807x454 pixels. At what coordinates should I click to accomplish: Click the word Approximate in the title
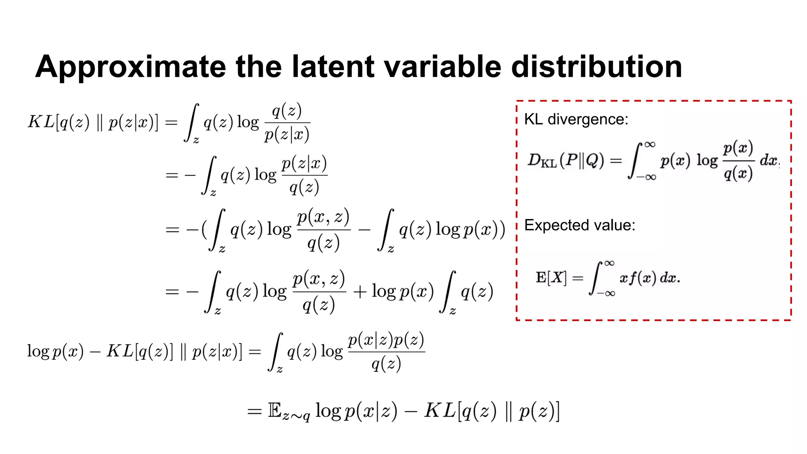(x=130, y=67)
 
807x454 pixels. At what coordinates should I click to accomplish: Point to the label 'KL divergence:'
(x=576, y=119)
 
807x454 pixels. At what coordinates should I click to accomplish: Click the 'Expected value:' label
(x=580, y=225)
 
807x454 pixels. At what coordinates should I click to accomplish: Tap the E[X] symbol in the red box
(x=551, y=278)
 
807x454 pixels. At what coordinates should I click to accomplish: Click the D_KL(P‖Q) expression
(x=566, y=160)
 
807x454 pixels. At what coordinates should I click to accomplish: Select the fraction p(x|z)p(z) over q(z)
(x=386, y=352)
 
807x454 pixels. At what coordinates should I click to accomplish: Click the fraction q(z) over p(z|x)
(x=287, y=123)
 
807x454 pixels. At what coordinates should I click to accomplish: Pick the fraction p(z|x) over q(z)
(x=304, y=175)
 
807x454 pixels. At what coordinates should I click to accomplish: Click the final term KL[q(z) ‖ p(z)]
(x=492, y=411)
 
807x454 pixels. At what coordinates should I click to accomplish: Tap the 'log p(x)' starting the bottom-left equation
(x=55, y=351)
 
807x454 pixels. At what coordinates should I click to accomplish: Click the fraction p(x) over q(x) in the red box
(x=738, y=161)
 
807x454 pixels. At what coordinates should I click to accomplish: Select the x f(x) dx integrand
(x=649, y=278)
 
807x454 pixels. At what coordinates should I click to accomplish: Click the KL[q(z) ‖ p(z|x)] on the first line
(x=93, y=122)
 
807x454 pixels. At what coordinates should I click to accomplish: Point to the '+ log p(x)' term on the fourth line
(x=393, y=292)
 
